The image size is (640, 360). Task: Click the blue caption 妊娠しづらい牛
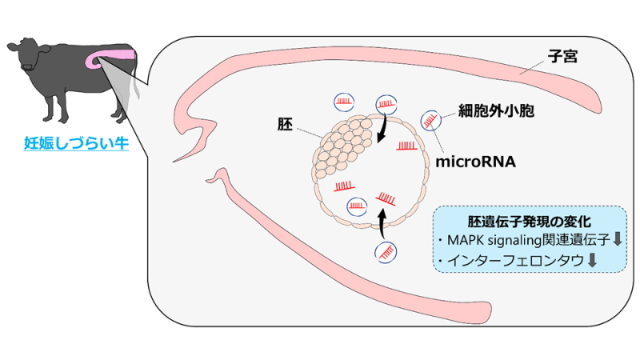coord(71,145)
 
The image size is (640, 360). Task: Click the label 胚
coord(285,125)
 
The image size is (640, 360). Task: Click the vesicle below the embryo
coord(386,252)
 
